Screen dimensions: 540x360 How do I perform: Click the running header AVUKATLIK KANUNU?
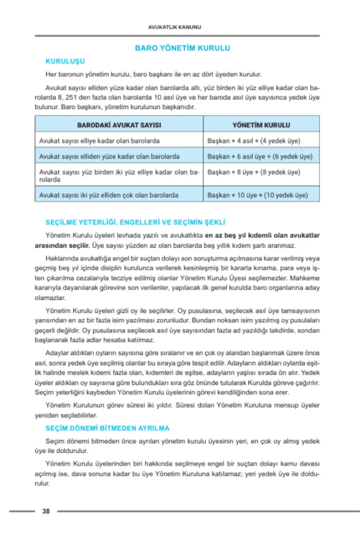coord(175,27)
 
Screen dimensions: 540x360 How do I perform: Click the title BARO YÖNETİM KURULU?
coord(183,48)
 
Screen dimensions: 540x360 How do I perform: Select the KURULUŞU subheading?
coord(65,61)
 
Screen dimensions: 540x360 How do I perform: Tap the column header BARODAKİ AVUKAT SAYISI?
coord(119,125)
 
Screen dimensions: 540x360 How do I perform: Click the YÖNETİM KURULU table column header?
coord(261,125)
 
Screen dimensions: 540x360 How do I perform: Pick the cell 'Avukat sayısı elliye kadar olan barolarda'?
coord(99,141)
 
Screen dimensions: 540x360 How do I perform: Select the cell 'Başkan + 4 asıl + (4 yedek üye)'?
coord(254,141)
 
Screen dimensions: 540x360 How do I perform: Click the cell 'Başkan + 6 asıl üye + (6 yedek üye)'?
coord(260,157)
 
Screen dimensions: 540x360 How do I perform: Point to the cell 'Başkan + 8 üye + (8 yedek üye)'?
coord(254,172)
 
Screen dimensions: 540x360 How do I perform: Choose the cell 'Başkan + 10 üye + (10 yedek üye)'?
coord(258,195)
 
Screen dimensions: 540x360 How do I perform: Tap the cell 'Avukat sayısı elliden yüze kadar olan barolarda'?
coord(109,157)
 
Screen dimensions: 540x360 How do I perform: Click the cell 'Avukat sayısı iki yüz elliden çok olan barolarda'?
coord(109,195)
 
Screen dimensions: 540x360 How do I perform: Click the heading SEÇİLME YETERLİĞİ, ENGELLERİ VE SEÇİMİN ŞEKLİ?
coord(135,222)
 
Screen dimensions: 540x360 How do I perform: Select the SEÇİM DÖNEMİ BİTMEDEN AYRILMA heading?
coord(108,428)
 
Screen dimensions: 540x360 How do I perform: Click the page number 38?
coord(46,511)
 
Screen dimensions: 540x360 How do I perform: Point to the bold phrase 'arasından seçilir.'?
coord(62,246)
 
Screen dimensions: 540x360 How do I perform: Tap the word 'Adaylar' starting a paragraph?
coord(56,353)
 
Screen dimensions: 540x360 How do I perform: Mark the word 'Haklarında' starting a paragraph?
coord(59,258)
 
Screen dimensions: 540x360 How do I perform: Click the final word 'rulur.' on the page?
coord(42,483)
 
